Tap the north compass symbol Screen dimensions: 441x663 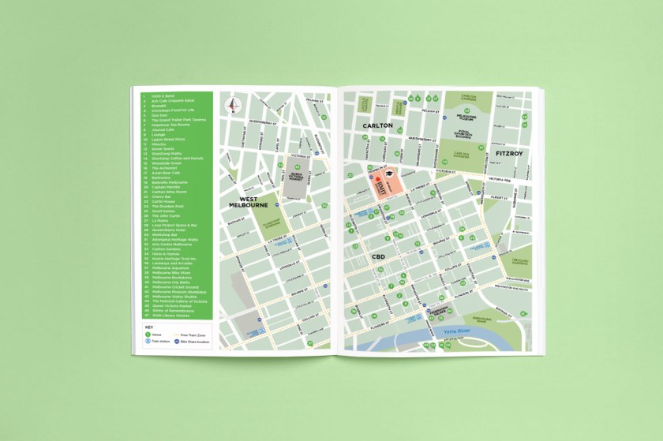coord(234,105)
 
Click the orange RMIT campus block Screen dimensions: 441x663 coord(382,187)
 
